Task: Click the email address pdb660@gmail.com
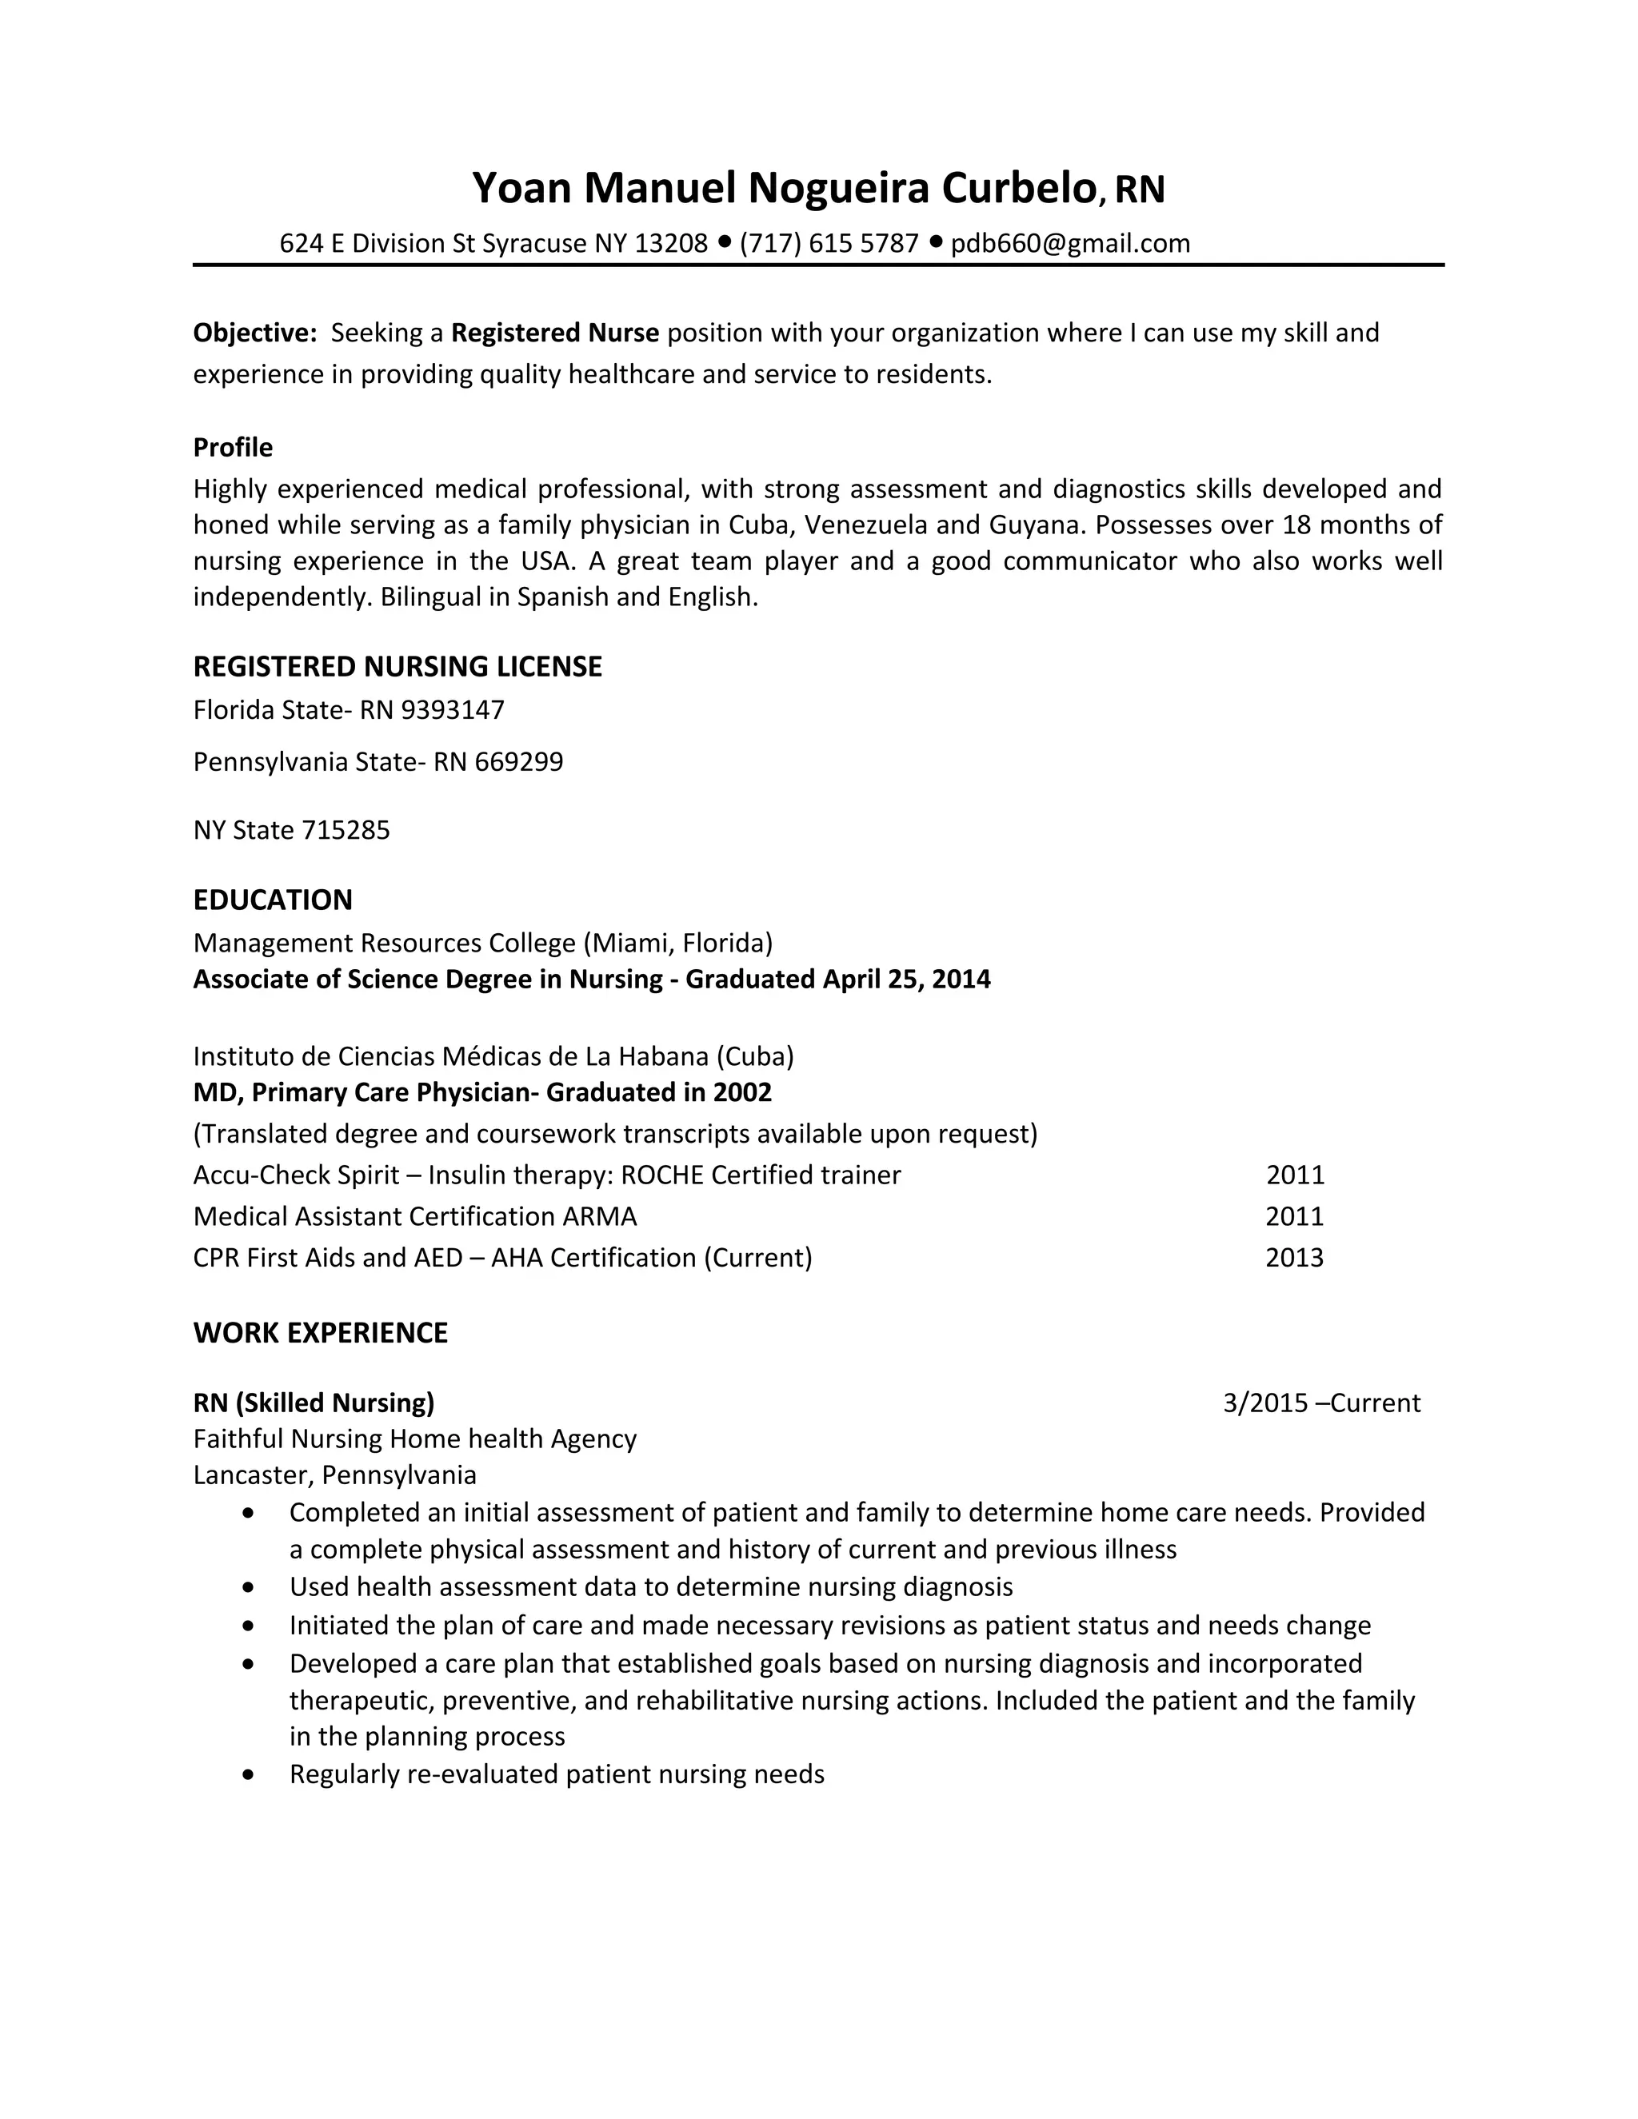pyautogui.click(x=1069, y=244)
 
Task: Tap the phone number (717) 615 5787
pyautogui.click(x=829, y=244)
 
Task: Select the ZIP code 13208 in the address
pyautogui.click(x=672, y=244)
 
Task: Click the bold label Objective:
pyautogui.click(x=255, y=333)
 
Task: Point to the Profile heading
pyautogui.click(x=233, y=447)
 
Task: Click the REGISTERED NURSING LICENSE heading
pyautogui.click(x=398, y=667)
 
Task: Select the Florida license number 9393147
pyautogui.click(x=453, y=710)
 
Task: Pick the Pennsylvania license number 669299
pyautogui.click(x=519, y=761)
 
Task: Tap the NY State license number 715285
pyautogui.click(x=346, y=831)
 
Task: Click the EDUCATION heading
pyautogui.click(x=273, y=900)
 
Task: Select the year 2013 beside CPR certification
pyautogui.click(x=1295, y=1259)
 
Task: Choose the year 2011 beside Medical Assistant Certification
pyautogui.click(x=1295, y=1217)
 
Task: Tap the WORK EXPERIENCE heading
pyautogui.click(x=320, y=1333)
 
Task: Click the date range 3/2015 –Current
pyautogui.click(x=1320, y=1403)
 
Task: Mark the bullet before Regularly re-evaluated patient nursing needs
pyautogui.click(x=250, y=1775)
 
